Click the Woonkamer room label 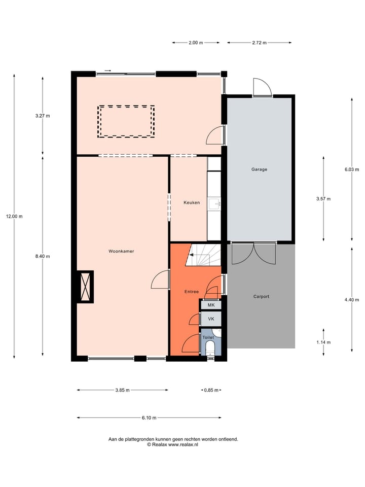pyautogui.click(x=121, y=251)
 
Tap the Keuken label pyautogui.click(x=191, y=202)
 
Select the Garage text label pyautogui.click(x=259, y=169)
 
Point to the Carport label pyautogui.click(x=261, y=296)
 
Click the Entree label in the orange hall pyautogui.click(x=191, y=292)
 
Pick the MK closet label pyautogui.click(x=211, y=305)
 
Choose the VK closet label pyautogui.click(x=211, y=319)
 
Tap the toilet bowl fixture pyautogui.click(x=211, y=348)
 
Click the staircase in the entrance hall pyautogui.click(x=203, y=255)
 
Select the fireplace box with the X pyautogui.click(x=85, y=287)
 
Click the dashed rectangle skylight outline pyautogui.click(x=126, y=122)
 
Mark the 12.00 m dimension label pyautogui.click(x=14, y=216)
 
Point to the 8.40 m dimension pyautogui.click(x=43, y=256)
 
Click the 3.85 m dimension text pyautogui.click(x=122, y=390)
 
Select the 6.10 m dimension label pyautogui.click(x=149, y=418)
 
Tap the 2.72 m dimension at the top pyautogui.click(x=259, y=43)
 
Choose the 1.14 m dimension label pyautogui.click(x=323, y=341)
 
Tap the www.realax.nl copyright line pyautogui.click(x=173, y=444)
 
